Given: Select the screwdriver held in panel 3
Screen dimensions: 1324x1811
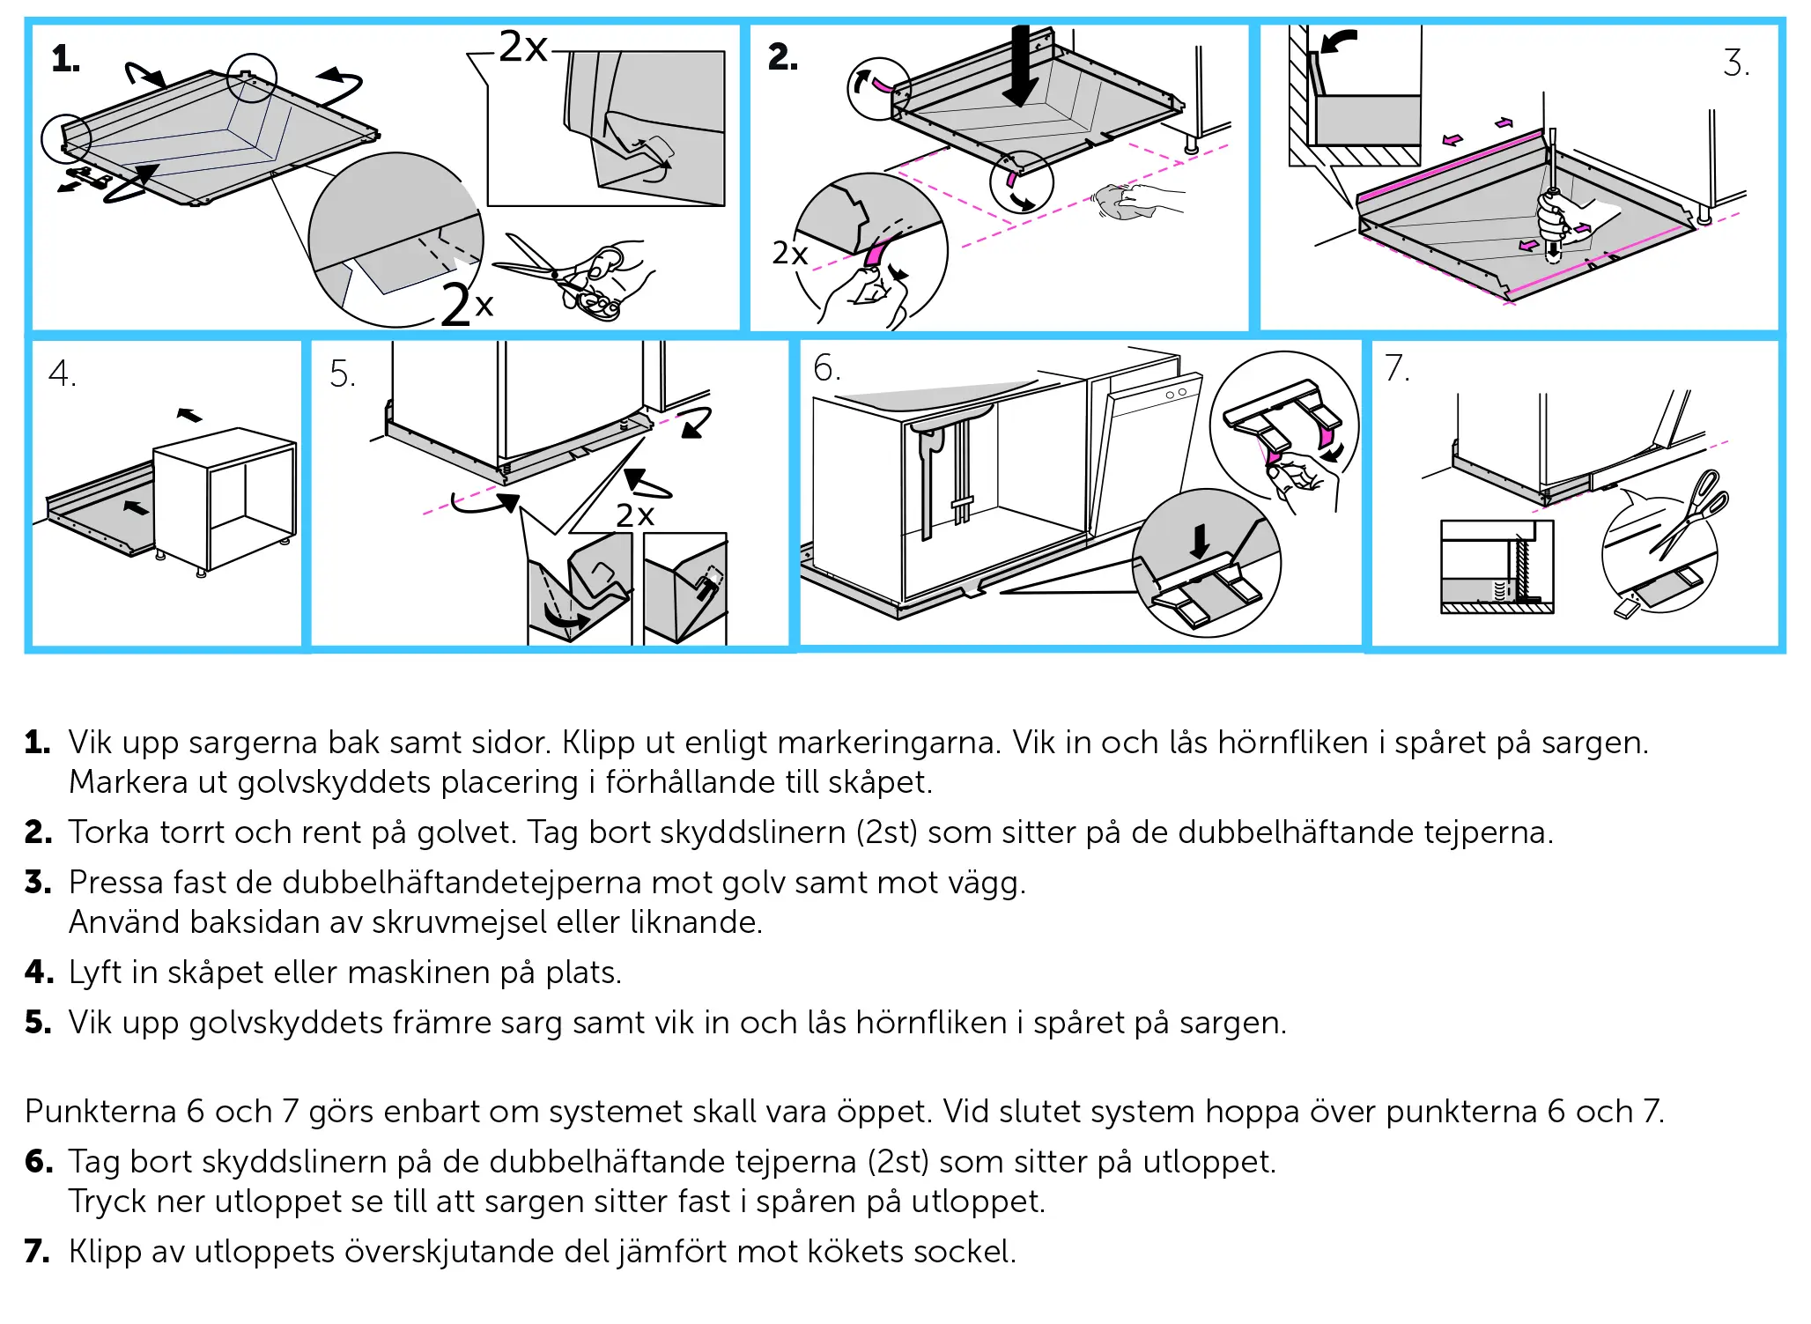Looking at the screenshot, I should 1552,194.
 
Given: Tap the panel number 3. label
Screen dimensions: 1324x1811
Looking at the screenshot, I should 1736,63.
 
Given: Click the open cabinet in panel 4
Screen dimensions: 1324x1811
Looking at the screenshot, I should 225,498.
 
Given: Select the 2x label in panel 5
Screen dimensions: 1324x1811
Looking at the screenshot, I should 634,515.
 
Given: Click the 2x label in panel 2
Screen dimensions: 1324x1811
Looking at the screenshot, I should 789,254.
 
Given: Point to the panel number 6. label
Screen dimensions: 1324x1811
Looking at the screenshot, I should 826,368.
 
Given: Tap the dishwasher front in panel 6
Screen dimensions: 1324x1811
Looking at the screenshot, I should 1143,458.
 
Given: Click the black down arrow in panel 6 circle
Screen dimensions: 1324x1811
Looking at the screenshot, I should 1200,540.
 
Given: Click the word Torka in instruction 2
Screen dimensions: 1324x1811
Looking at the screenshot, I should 109,832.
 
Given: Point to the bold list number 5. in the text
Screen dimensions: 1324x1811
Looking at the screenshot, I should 38,1023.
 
